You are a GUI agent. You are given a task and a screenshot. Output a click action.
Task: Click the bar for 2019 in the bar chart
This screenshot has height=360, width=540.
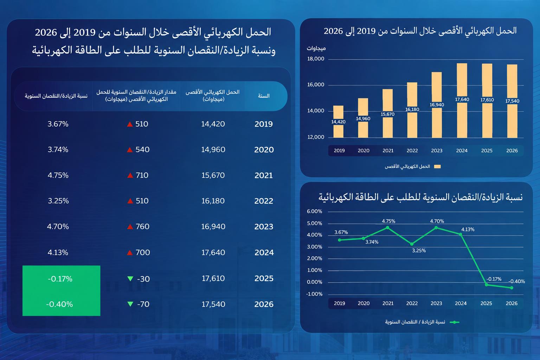click(338, 122)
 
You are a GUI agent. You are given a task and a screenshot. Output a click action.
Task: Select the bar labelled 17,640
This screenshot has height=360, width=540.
click(462, 101)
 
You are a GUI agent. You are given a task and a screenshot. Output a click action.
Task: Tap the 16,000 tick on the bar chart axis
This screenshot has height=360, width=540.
click(316, 85)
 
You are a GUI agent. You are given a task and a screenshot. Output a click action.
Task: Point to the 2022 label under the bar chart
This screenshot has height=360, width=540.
click(412, 151)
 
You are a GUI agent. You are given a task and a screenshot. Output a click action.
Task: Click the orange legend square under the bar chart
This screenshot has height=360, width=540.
click(437, 167)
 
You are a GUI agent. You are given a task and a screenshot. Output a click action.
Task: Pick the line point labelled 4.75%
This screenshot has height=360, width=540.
click(387, 227)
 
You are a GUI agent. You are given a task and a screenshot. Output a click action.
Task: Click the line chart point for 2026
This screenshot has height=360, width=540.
click(512, 288)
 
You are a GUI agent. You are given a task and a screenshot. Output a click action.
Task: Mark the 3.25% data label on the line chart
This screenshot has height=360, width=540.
click(419, 251)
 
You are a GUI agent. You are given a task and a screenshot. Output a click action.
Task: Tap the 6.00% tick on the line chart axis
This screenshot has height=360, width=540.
click(314, 212)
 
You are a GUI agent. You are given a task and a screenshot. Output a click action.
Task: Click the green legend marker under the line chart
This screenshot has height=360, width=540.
click(455, 322)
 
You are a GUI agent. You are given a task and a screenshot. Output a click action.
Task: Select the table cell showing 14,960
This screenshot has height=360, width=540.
click(213, 149)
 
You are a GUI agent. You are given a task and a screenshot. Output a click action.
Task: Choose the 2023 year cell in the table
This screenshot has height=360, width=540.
click(264, 227)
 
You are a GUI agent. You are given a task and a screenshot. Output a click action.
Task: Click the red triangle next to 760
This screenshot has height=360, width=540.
click(130, 227)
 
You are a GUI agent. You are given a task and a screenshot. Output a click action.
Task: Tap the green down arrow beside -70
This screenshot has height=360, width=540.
click(130, 304)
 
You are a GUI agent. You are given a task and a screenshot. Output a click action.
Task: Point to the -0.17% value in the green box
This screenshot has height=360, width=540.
click(60, 279)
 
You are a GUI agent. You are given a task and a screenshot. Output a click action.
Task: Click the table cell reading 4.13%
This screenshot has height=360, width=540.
click(58, 252)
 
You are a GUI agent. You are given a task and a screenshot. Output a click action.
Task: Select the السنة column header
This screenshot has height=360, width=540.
click(264, 96)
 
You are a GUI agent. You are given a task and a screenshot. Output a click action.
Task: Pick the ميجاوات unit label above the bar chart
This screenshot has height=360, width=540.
click(316, 49)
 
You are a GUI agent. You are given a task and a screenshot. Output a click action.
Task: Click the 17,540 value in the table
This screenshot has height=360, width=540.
click(213, 304)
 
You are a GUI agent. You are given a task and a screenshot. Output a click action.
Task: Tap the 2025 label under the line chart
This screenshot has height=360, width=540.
click(486, 303)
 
